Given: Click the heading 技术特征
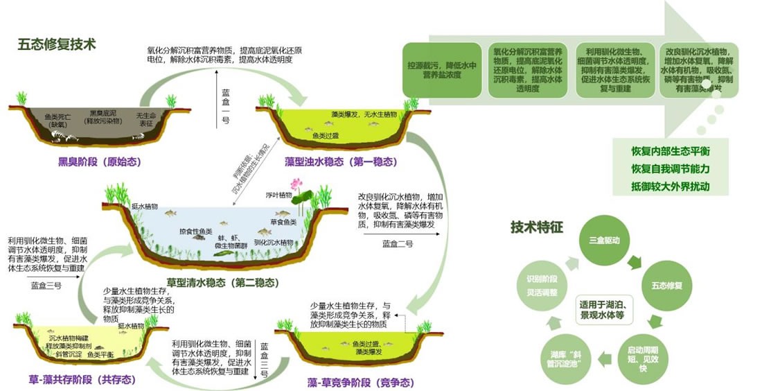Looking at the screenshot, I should pos(537,227).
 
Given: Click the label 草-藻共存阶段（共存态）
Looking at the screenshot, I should pos(82,379).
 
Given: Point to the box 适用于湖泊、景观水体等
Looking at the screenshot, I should pos(607,309).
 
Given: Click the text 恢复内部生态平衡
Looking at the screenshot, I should pos(670,151).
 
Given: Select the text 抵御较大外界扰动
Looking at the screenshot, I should pos(670,186).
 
